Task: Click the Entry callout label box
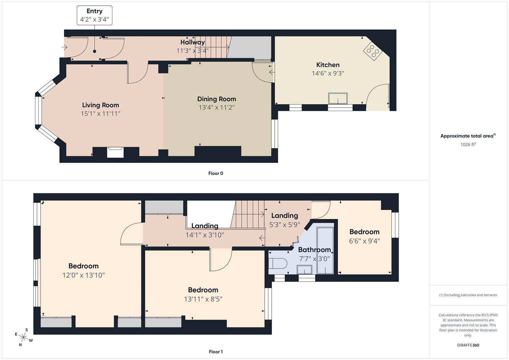94,15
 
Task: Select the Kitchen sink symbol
338,99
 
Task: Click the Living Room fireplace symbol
115,152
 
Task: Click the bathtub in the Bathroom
325,251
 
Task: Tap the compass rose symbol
23,337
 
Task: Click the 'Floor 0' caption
216,173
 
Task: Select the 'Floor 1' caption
216,352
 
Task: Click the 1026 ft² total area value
468,144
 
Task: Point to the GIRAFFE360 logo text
468,345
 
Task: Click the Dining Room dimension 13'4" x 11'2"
217,107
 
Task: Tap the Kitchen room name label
328,65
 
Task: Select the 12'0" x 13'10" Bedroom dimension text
83,275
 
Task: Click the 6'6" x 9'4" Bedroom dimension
364,241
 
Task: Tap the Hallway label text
192,42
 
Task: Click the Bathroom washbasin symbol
304,270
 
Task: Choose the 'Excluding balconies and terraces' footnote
468,295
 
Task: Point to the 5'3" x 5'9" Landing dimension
284,225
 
